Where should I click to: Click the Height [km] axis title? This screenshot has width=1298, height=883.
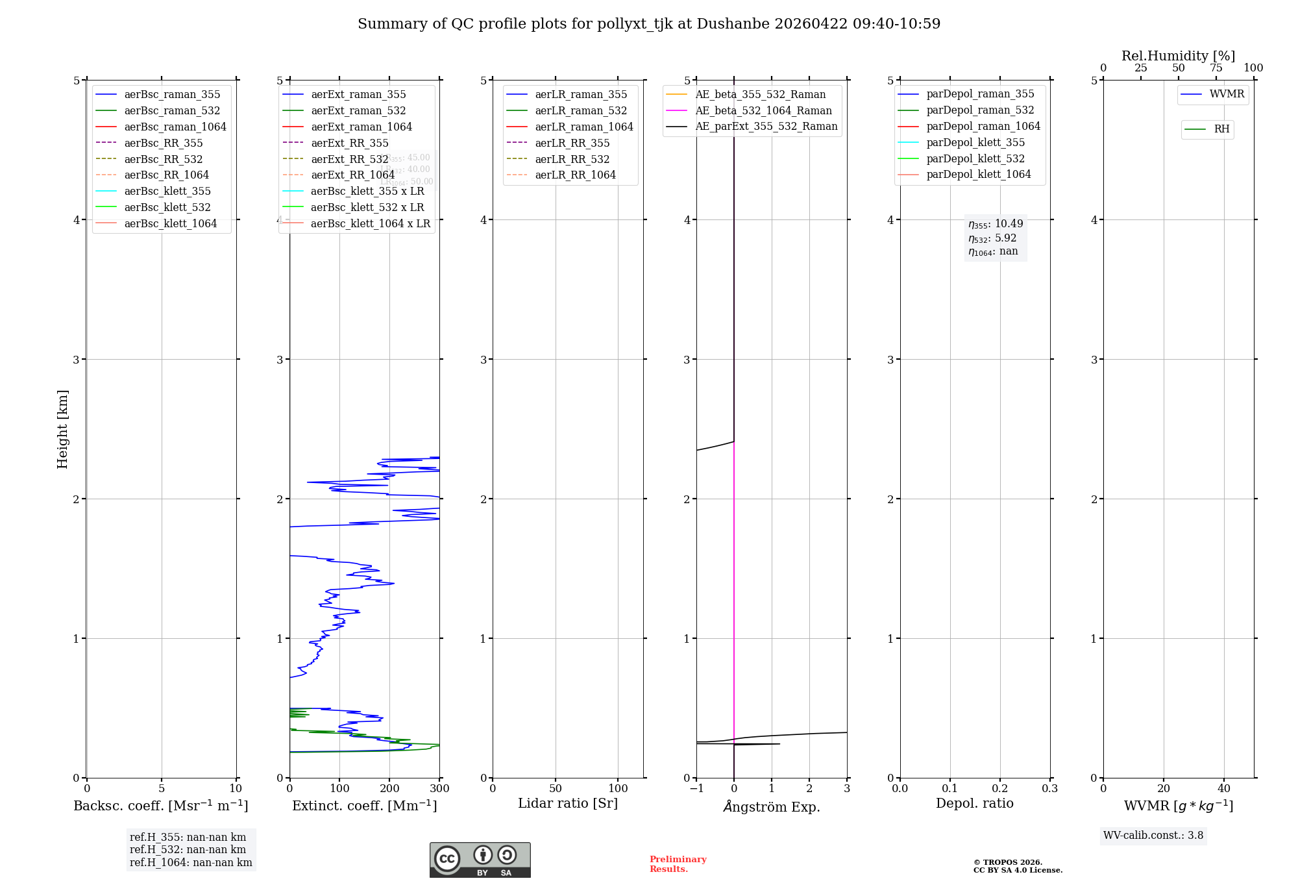(x=62, y=429)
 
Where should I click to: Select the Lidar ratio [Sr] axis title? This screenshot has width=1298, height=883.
(x=568, y=803)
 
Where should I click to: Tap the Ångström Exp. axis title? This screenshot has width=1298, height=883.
(x=772, y=806)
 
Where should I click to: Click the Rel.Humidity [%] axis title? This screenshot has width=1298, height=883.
(x=1178, y=56)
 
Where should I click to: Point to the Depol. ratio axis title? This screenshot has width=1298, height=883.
(x=974, y=803)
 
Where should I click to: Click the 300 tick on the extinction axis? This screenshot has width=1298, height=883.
(x=439, y=789)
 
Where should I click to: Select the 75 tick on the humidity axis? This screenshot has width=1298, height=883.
(x=1216, y=68)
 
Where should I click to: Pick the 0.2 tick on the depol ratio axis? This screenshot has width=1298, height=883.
(x=1000, y=789)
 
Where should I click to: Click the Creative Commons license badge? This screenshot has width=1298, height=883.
(x=480, y=860)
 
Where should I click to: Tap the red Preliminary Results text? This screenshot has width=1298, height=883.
(x=678, y=864)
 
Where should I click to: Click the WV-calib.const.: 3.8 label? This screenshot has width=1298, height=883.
(x=1153, y=836)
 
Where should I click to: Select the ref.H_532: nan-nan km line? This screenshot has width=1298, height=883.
(x=188, y=849)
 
